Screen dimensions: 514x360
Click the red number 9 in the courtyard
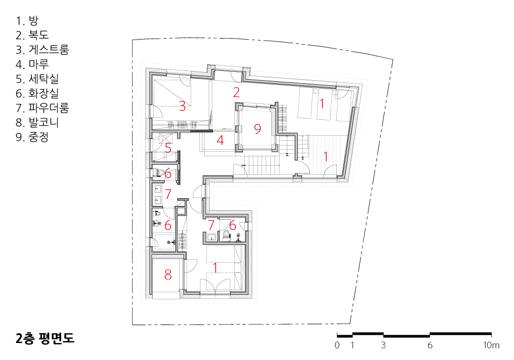tap(258, 129)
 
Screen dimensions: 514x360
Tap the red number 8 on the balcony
tap(168, 275)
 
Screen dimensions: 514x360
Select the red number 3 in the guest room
tap(182, 106)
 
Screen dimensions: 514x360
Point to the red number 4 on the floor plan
tap(221, 140)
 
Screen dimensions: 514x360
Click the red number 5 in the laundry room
tap(168, 148)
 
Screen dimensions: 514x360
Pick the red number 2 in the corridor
tap(236, 93)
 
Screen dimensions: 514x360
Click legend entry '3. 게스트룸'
tap(42, 49)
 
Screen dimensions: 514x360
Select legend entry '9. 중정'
tap(32, 137)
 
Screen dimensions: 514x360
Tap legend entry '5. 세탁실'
tap(37, 79)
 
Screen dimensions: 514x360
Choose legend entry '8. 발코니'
tap(37, 122)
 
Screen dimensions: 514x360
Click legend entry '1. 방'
tap(27, 21)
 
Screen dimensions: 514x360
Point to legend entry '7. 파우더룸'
tap(42, 108)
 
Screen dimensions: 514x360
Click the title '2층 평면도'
tap(45, 338)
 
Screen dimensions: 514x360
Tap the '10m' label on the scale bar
tap(491, 345)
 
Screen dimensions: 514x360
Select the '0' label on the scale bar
tap(337, 345)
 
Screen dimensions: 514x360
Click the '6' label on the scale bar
tap(430, 345)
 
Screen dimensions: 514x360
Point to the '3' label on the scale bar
tap(383, 345)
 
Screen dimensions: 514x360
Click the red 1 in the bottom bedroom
tap(215, 268)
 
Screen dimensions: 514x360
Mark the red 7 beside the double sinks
tap(168, 194)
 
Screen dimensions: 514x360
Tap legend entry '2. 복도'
tap(32, 35)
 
